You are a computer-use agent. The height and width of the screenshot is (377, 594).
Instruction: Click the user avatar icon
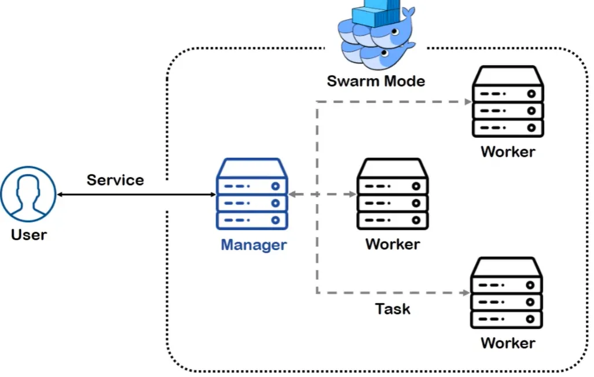(28, 195)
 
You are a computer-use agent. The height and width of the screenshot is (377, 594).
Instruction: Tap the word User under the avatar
(28, 235)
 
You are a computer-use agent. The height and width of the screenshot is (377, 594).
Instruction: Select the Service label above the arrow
(115, 180)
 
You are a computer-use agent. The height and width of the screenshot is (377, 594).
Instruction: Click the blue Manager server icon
(252, 195)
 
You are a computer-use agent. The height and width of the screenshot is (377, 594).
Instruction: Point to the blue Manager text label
(254, 244)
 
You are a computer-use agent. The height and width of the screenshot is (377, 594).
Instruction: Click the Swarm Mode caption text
(376, 80)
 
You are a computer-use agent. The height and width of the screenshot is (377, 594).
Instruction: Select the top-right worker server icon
(508, 102)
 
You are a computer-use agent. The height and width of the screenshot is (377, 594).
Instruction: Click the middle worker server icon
(392, 195)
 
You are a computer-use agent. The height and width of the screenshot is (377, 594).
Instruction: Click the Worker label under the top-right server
(508, 152)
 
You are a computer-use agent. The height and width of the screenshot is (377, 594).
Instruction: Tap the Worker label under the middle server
(392, 244)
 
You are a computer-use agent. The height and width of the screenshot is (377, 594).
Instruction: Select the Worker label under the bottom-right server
(508, 343)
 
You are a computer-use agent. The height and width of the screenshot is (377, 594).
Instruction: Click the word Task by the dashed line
(393, 309)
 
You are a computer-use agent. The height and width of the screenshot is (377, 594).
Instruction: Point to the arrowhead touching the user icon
(60, 195)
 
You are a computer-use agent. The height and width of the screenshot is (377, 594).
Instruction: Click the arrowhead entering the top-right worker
(468, 102)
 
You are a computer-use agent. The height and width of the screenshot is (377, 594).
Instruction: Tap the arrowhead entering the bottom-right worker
(468, 293)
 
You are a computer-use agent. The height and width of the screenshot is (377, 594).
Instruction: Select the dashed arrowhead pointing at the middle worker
(352, 195)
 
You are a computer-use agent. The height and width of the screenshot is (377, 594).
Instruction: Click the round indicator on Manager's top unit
(276, 186)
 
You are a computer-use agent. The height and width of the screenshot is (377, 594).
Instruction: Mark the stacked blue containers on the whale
(376, 13)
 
